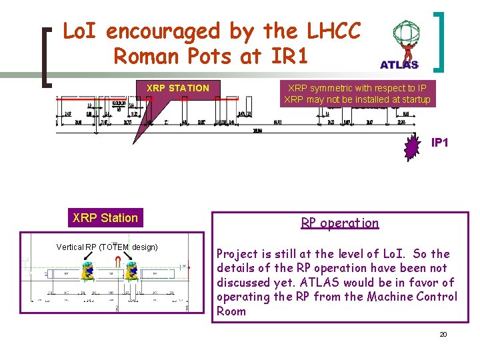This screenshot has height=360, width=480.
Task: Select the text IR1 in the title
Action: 290,57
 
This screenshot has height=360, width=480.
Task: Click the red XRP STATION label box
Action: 178,88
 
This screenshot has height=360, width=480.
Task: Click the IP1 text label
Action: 440,143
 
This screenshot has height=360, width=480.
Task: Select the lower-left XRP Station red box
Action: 105,217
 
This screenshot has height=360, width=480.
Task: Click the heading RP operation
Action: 339,223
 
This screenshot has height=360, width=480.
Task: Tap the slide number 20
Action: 443,334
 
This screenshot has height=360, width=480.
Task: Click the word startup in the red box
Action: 413,100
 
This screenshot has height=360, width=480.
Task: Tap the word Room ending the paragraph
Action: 231,311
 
